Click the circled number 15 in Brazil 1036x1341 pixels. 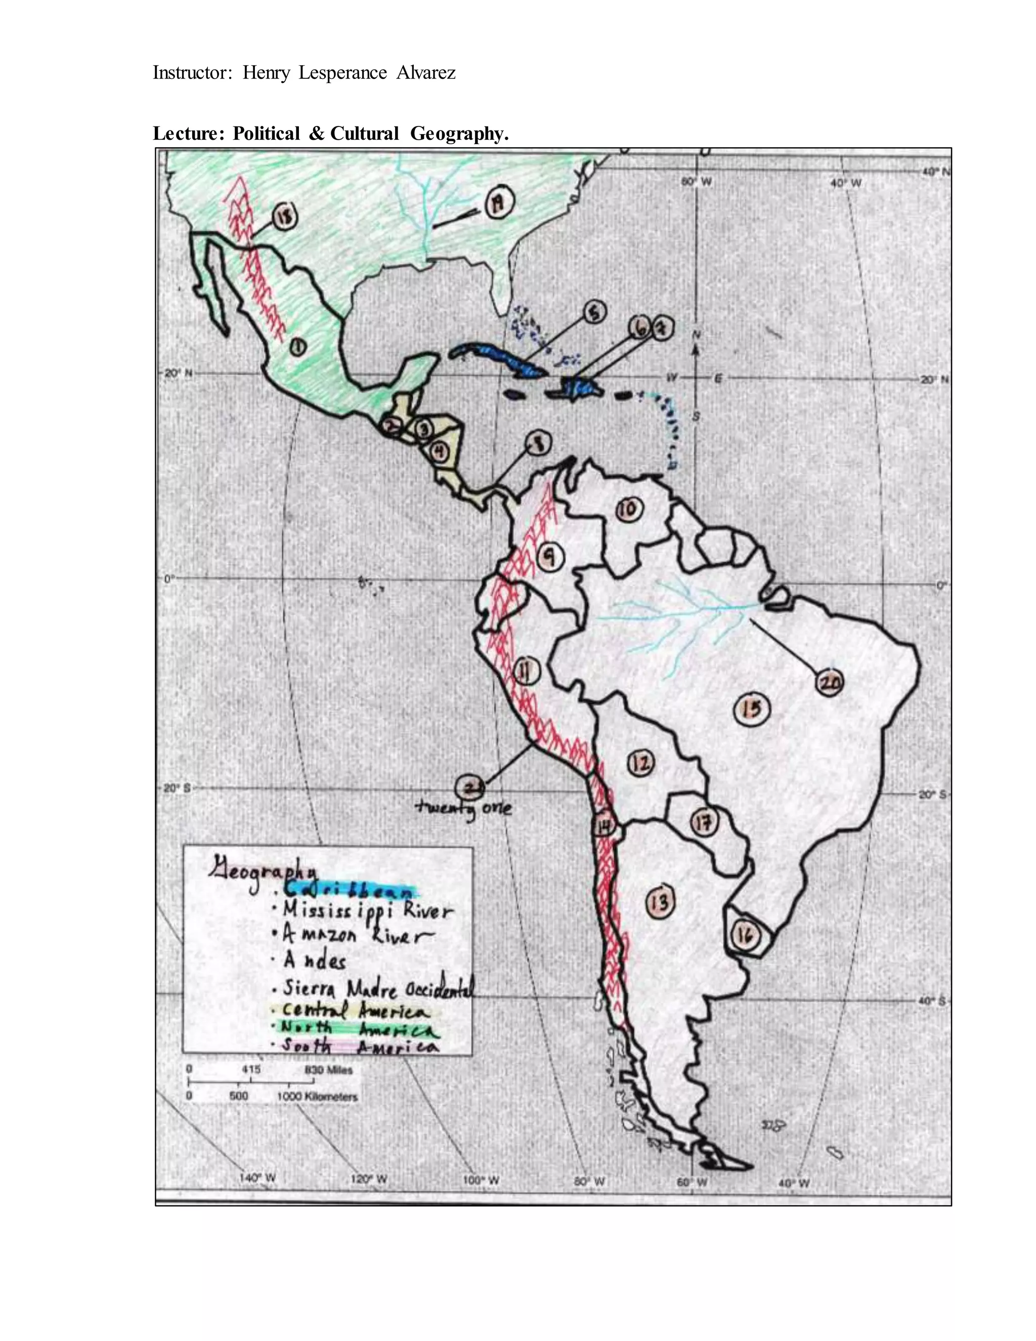coord(752,708)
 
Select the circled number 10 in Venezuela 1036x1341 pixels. coord(628,509)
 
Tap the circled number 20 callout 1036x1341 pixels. coord(829,683)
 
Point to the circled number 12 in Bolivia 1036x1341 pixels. coord(641,763)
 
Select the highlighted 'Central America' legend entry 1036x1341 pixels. coord(355,1010)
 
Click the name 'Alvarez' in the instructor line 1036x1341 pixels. coord(426,73)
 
